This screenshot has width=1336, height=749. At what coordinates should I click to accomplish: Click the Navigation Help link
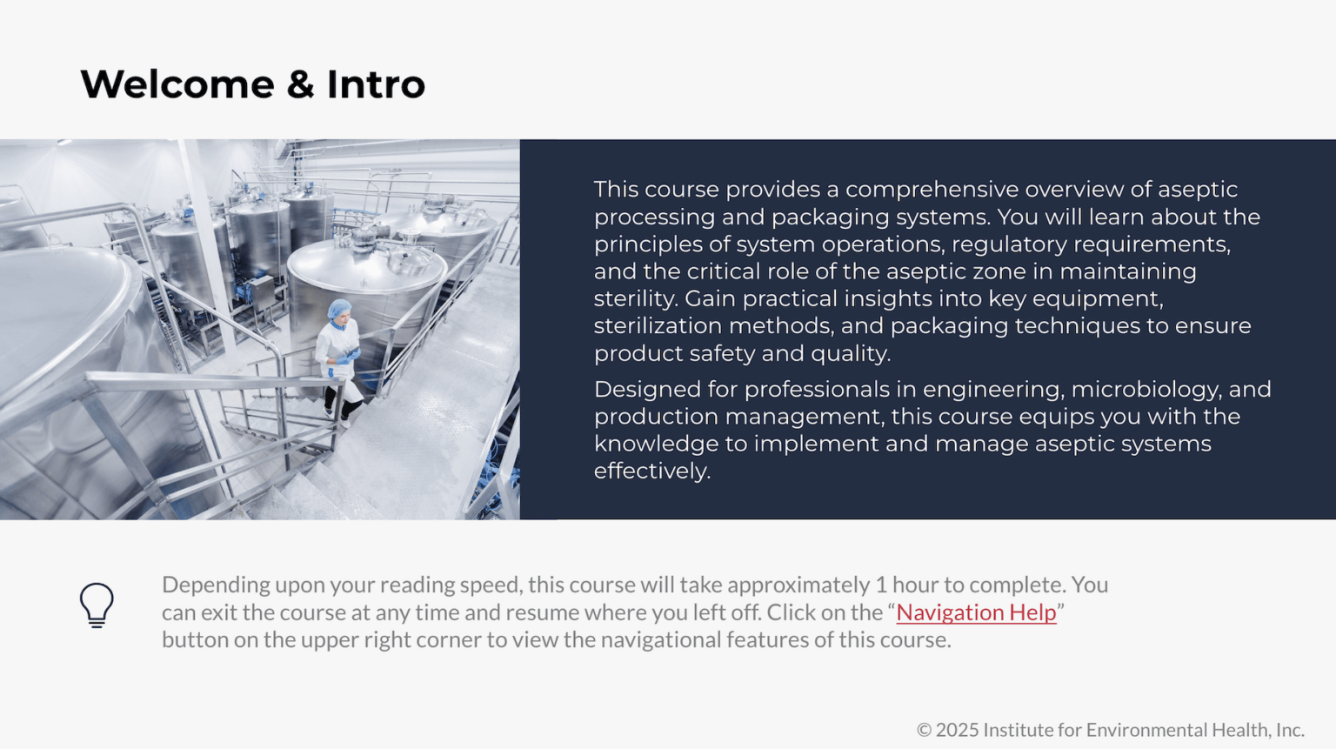coord(976,612)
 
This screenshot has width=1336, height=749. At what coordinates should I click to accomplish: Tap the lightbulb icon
coord(97,605)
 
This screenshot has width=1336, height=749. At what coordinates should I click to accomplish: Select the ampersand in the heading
coord(300,84)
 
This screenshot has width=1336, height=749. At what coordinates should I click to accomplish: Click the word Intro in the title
coord(376,84)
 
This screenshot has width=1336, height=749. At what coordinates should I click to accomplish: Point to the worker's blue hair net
coord(339,308)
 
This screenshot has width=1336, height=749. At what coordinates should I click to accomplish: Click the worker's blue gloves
coord(348,356)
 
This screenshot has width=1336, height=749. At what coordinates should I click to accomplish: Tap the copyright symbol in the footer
coord(924,730)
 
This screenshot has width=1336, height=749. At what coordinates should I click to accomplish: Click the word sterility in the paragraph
coord(635,298)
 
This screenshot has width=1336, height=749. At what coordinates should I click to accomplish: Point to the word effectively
coord(651,471)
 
